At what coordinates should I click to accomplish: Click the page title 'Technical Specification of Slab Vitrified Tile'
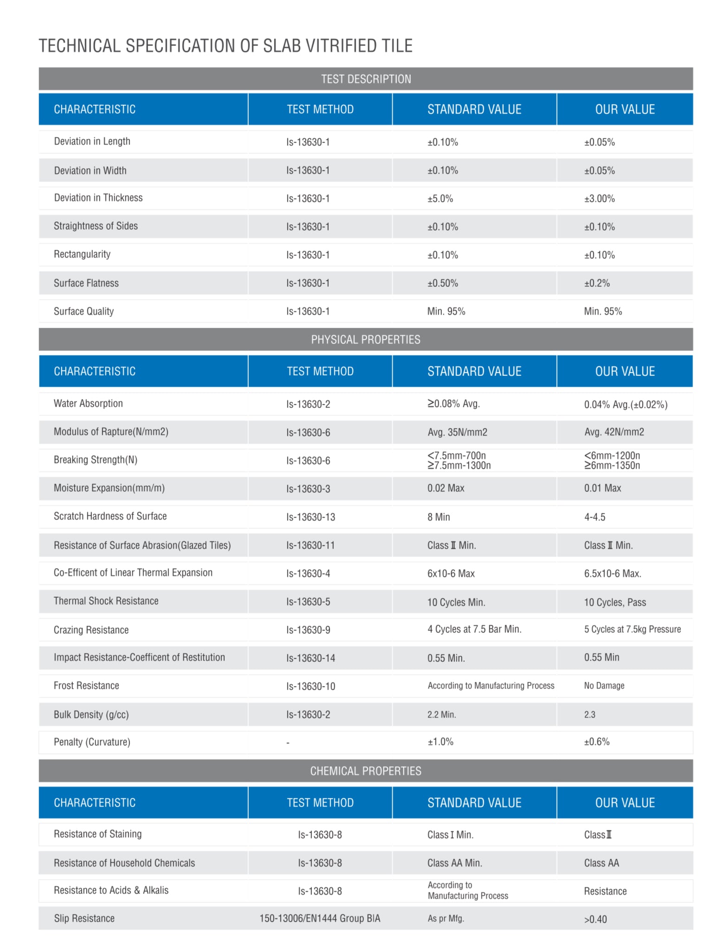point(225,45)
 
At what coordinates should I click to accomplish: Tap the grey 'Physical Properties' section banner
point(365,339)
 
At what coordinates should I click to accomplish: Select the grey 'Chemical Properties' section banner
point(365,770)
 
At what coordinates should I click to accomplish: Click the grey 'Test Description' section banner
point(366,79)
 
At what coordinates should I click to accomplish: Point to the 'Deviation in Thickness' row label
point(98,198)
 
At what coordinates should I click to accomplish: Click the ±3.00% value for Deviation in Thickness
point(599,199)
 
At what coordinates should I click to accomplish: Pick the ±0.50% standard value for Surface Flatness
point(442,283)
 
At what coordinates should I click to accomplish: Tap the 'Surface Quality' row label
point(84,311)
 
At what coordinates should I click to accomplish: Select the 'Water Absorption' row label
point(88,403)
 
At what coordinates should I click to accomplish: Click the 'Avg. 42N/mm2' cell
point(614,432)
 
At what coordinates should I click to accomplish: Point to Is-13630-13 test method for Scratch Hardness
point(310,517)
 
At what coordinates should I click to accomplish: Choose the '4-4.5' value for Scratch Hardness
point(594,517)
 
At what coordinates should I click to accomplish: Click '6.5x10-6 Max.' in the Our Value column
point(612,573)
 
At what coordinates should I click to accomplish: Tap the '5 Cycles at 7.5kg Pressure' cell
point(632,629)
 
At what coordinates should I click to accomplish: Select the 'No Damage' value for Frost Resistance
point(604,685)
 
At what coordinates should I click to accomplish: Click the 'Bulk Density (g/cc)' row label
point(91,714)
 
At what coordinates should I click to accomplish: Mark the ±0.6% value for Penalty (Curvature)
point(596,742)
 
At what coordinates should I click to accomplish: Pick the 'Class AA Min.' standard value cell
point(454,863)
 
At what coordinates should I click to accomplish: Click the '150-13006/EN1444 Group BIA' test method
point(319,918)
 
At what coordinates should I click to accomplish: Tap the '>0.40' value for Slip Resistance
point(595,919)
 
